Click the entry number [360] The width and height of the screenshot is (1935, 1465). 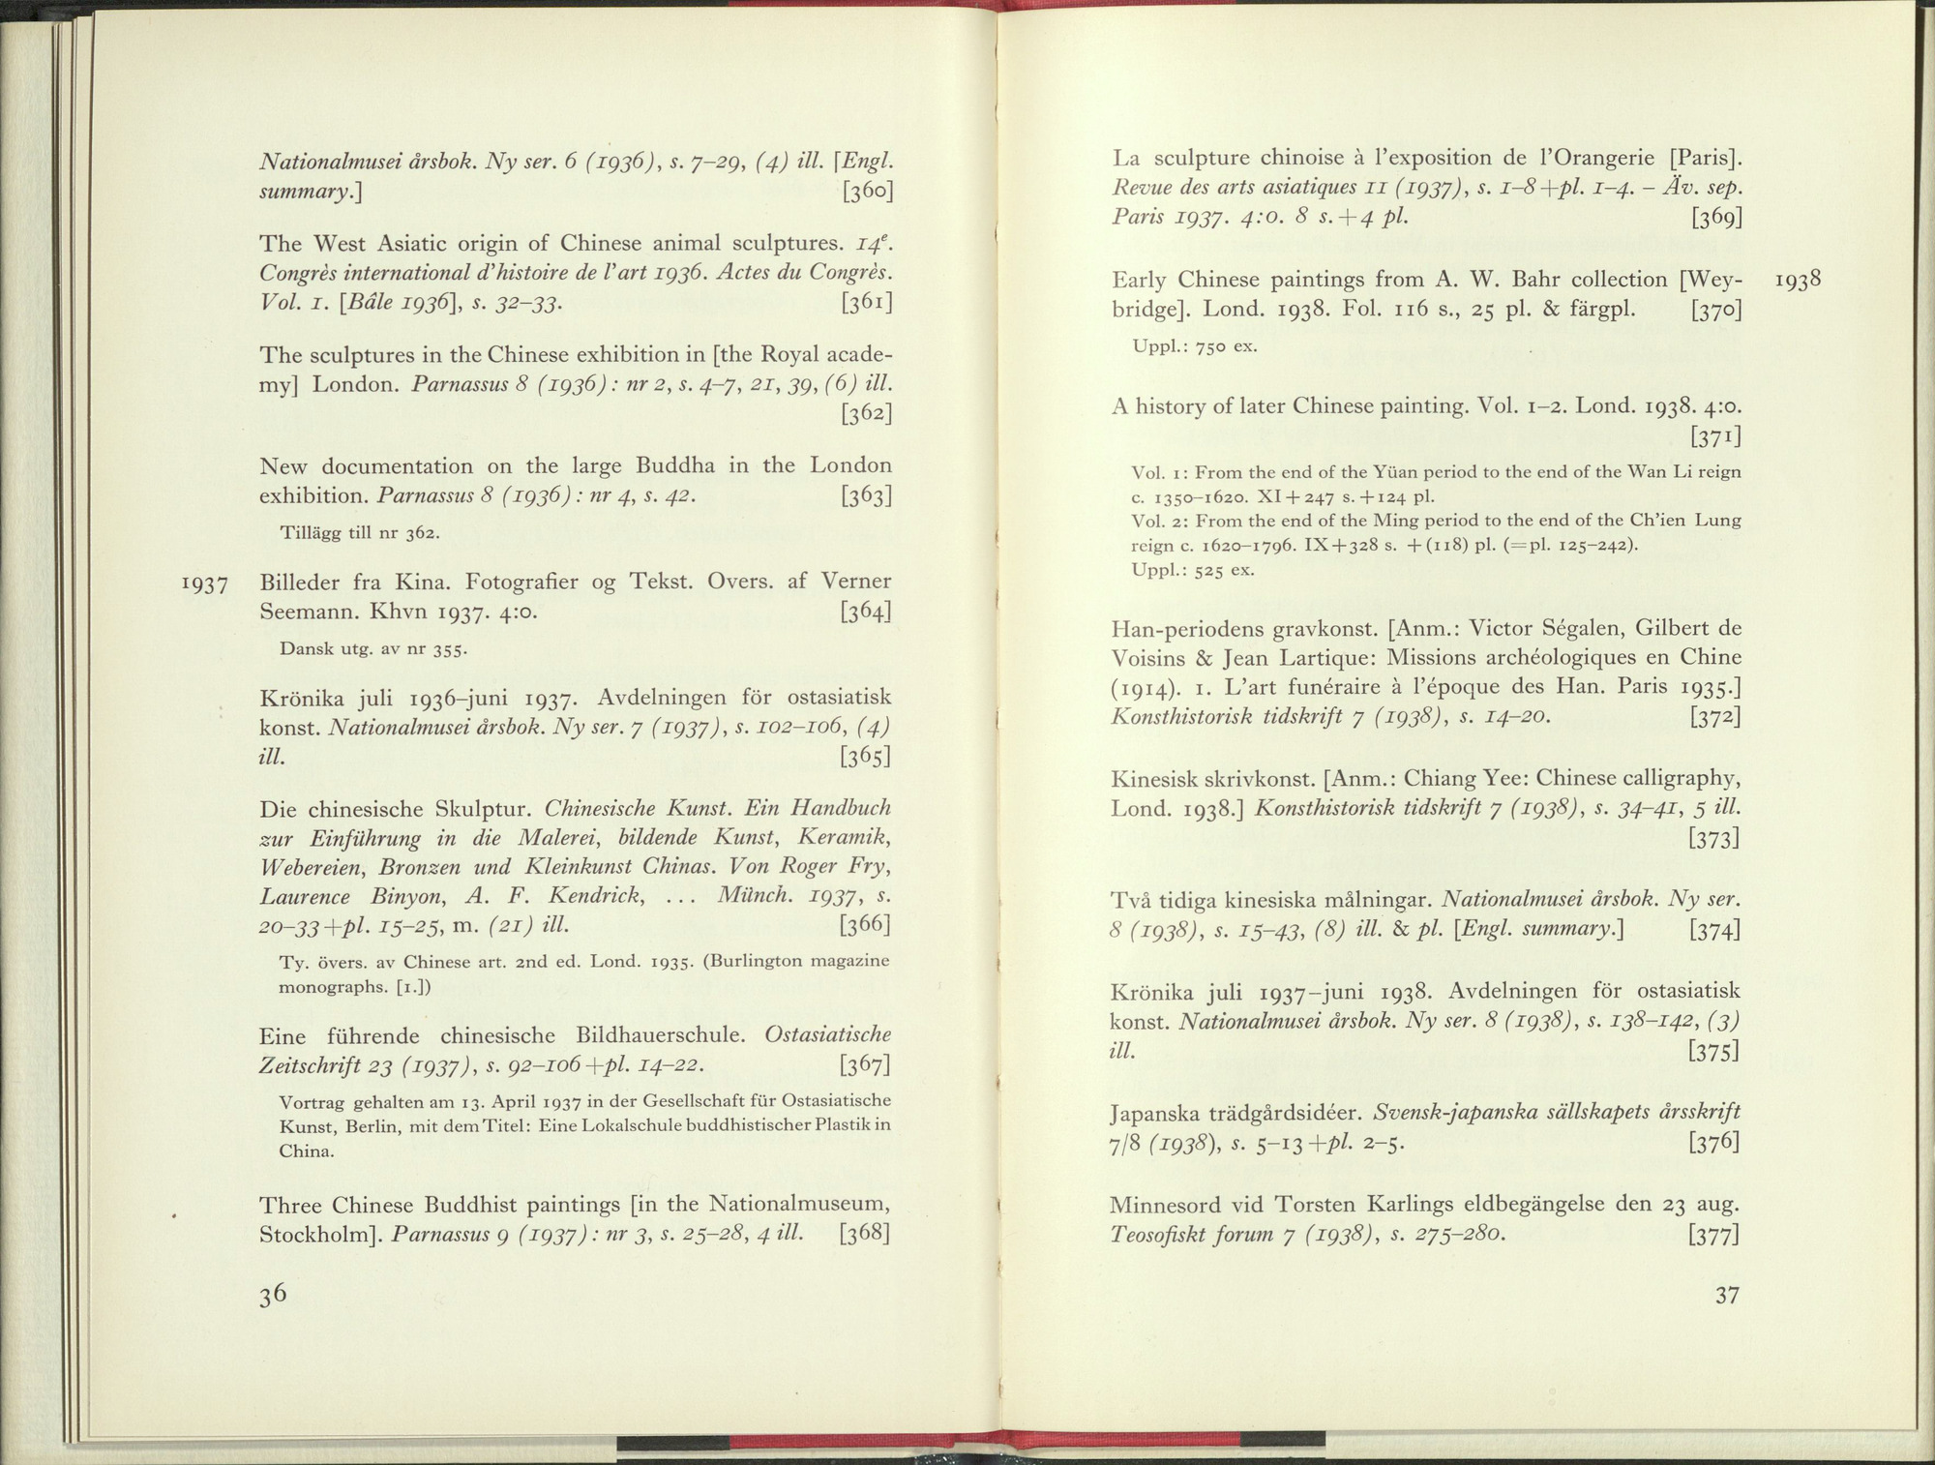click(866, 191)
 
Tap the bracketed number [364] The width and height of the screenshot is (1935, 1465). click(866, 613)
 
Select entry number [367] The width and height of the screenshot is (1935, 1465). click(866, 1066)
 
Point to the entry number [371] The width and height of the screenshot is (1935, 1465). click(1715, 437)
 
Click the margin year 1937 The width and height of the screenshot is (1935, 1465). click(204, 584)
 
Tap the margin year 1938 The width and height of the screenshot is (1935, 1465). click(1799, 281)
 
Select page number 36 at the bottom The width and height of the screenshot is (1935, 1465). click(273, 1296)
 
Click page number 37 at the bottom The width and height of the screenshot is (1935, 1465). click(1727, 1296)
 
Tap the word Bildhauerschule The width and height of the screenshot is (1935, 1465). click(660, 1036)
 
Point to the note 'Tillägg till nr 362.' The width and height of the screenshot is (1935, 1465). click(360, 533)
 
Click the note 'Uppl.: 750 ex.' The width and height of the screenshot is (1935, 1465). click(1195, 346)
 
